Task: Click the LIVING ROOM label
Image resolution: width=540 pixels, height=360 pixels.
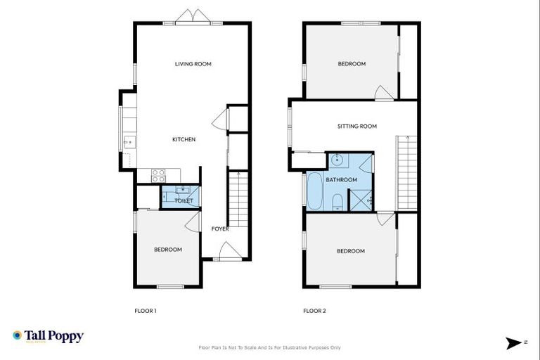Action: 193,64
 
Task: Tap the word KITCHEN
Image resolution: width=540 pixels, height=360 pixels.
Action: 184,139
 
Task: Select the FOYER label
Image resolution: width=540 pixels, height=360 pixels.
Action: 220,229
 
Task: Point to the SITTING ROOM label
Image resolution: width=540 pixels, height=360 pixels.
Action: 356,127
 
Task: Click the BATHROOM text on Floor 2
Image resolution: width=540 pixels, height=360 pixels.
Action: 341,180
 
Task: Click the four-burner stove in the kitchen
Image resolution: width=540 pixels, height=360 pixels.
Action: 159,174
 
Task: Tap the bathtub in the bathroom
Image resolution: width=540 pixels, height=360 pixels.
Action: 314,191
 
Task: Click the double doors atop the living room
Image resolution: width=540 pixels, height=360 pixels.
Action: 193,17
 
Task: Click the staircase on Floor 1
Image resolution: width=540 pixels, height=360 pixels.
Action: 238,200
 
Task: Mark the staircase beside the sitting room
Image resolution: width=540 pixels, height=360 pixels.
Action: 406,172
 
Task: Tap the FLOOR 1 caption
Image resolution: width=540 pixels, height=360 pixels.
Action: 145,311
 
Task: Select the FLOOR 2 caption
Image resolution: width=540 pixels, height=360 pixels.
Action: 314,311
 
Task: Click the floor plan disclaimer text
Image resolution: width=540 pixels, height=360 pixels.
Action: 270,347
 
